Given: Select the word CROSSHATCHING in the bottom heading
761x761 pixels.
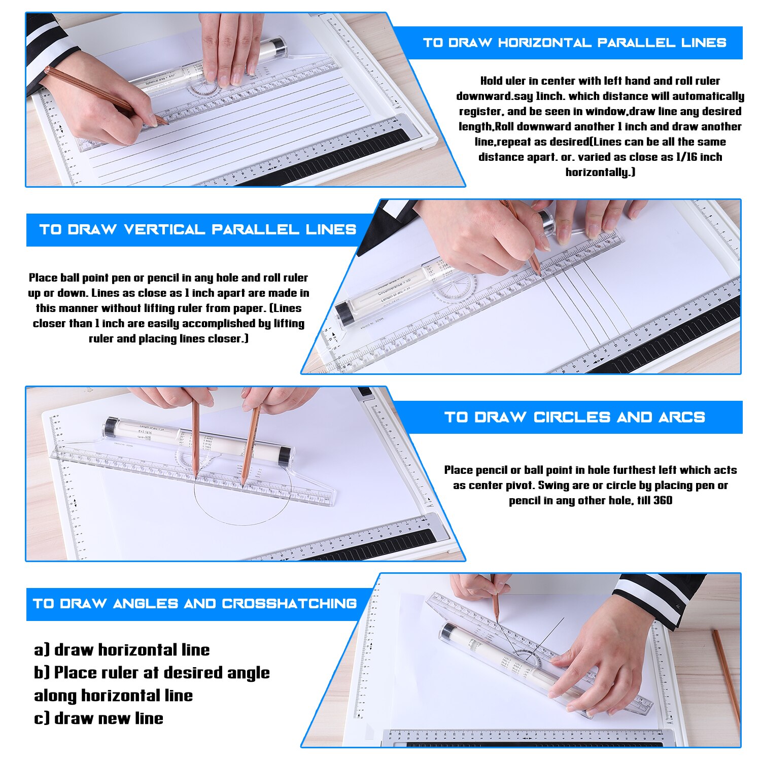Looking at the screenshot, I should pos(289,604).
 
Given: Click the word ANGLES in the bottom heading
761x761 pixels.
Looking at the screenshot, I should pos(146,604).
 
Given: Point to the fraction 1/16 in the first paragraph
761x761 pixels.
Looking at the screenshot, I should pos(686,157).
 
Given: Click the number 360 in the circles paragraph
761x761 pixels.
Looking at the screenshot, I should pos(663,501).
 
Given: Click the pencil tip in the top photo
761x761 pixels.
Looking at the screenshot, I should pos(166,123).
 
